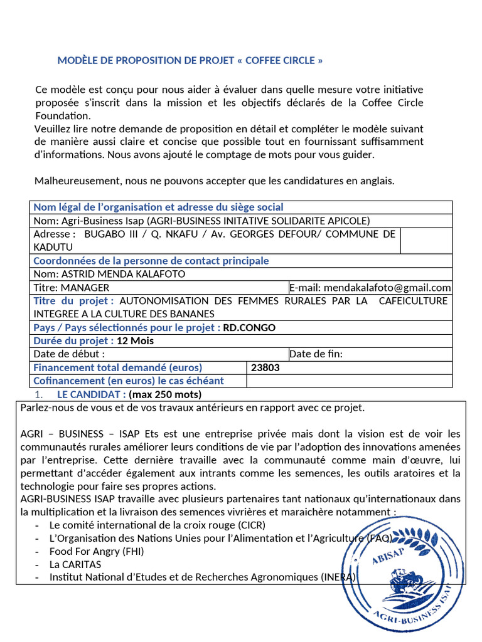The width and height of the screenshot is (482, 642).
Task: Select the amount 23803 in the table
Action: (x=265, y=368)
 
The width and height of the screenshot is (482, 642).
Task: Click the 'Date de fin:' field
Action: (x=316, y=354)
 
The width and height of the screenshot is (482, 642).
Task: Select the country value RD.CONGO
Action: (x=249, y=328)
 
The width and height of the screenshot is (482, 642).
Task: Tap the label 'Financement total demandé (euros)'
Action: (x=117, y=368)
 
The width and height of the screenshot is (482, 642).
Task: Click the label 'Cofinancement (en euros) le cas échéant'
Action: (x=128, y=381)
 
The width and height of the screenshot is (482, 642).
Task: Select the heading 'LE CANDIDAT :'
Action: (x=91, y=394)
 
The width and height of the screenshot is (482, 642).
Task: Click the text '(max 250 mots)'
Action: (x=165, y=394)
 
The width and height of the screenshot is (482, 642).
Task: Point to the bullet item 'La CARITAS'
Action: (x=75, y=564)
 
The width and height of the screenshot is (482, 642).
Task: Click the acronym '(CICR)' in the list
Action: (x=252, y=525)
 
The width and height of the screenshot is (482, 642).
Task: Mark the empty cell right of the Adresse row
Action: (x=426, y=241)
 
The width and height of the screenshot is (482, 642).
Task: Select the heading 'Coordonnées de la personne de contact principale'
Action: (x=151, y=261)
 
